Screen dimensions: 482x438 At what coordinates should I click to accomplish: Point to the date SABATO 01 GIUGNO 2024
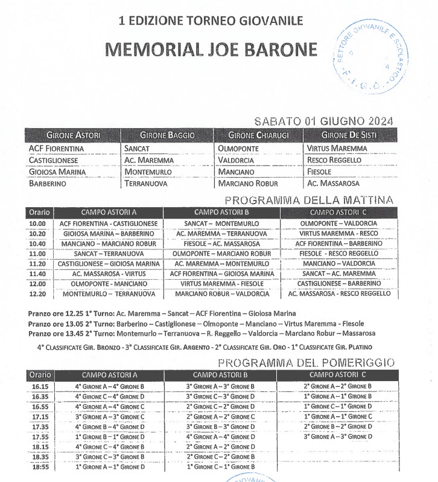(x=323, y=121)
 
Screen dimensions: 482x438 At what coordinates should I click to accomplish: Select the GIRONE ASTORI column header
(x=73, y=135)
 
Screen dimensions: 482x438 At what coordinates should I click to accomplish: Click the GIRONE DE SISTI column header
(x=349, y=135)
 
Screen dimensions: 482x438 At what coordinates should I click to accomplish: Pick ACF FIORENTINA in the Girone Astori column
(x=56, y=148)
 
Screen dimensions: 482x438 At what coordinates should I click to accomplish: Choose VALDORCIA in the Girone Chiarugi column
(x=238, y=160)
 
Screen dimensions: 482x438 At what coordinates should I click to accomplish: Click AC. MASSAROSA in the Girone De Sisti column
(x=333, y=183)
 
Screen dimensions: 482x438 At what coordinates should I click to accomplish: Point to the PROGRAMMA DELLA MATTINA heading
(x=308, y=200)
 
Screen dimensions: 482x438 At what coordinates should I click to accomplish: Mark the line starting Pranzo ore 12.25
(x=162, y=314)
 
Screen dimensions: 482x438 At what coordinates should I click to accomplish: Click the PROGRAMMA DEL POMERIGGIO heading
(x=306, y=362)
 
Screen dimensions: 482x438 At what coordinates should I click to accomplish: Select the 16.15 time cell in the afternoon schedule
(x=39, y=386)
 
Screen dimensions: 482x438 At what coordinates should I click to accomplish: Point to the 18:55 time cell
(x=39, y=467)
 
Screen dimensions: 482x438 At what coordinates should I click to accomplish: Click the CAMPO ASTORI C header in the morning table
(x=338, y=213)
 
